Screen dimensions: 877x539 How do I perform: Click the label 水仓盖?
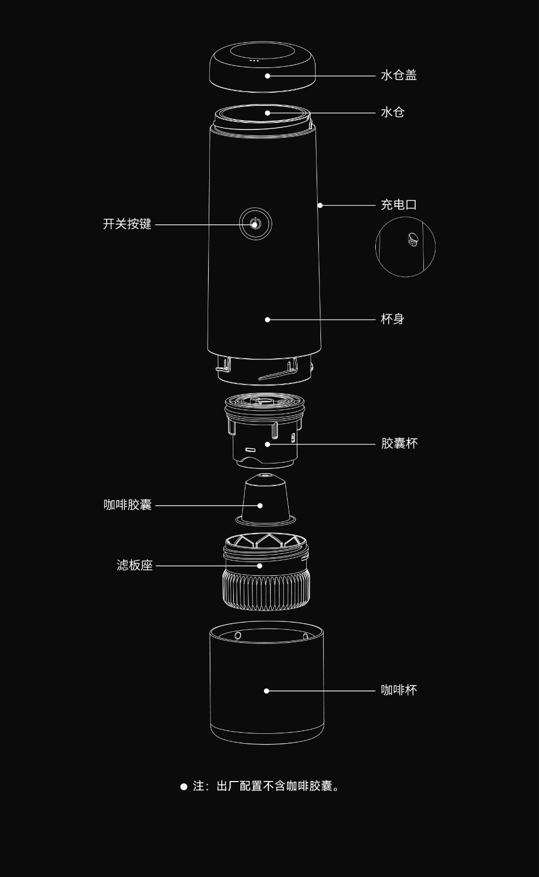[x=398, y=75]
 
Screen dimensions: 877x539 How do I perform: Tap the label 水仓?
[x=392, y=112]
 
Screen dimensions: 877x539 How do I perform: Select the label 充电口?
[x=398, y=205]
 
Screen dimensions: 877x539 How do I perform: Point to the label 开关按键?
[x=127, y=224]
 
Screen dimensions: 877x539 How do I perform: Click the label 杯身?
[x=392, y=319]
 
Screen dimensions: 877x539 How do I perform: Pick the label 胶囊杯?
[x=399, y=443]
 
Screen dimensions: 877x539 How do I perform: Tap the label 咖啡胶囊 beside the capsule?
[x=128, y=505]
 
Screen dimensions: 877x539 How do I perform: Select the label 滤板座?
[x=134, y=565]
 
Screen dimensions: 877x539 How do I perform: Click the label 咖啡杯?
[x=399, y=690]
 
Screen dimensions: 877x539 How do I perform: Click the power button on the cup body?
[x=255, y=224]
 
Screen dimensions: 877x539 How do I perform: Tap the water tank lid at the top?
[x=262, y=66]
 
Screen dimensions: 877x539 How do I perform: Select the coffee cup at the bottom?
[x=267, y=686]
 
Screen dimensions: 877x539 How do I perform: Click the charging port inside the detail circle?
[x=412, y=239]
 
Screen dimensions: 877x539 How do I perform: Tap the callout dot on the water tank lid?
[x=267, y=76]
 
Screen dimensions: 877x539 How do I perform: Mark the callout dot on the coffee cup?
[x=267, y=691]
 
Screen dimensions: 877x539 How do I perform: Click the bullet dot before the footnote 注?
[x=184, y=787]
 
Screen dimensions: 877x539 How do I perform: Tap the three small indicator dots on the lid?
[x=254, y=60]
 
